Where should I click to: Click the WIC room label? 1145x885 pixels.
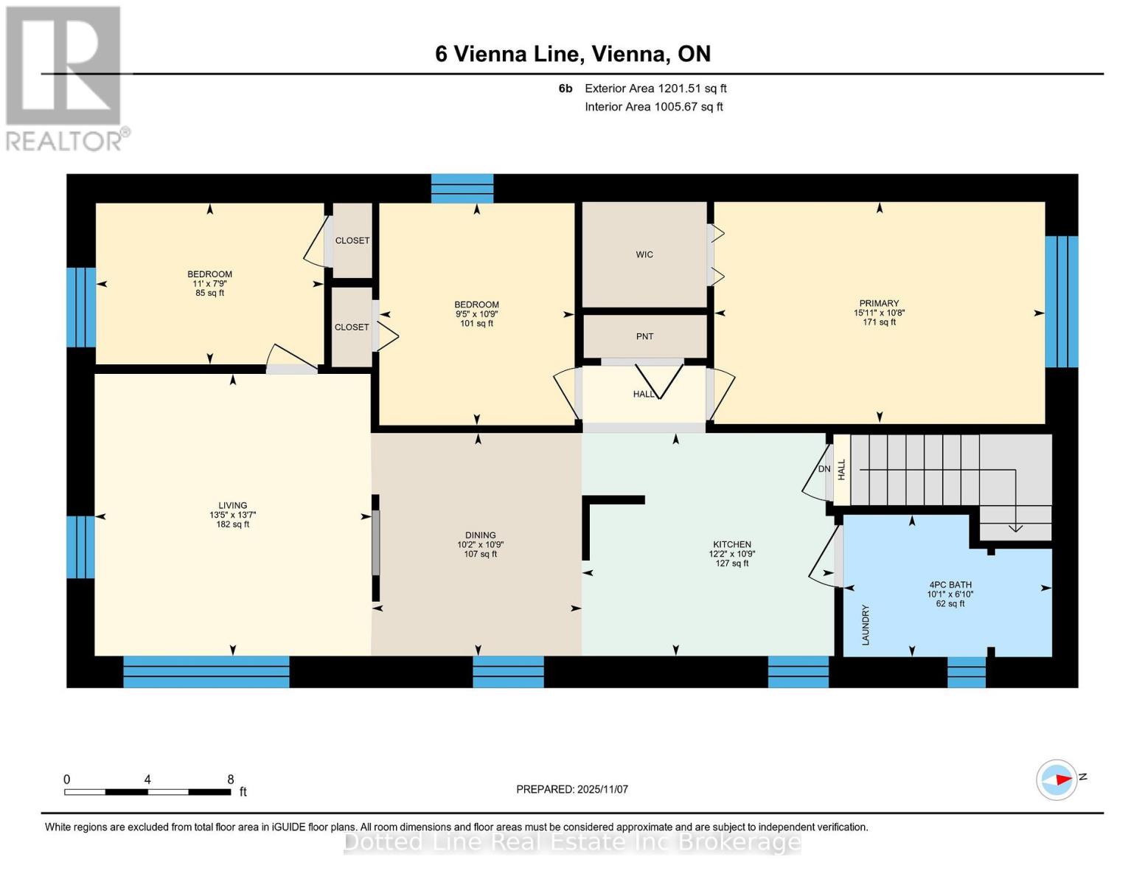point(644,254)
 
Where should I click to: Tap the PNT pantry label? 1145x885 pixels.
point(644,336)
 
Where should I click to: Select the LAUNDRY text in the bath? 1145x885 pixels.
point(866,625)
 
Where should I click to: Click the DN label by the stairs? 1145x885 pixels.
point(824,469)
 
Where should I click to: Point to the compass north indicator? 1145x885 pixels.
point(1057,780)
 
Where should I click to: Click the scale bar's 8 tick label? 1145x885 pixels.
point(230,780)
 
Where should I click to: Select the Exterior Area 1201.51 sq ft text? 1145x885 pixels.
point(655,88)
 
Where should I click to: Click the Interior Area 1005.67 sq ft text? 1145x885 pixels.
point(654,107)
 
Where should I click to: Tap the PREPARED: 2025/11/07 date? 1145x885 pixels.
point(572,789)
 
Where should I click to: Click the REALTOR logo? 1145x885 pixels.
point(65,77)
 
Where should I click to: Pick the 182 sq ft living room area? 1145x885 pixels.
point(232,524)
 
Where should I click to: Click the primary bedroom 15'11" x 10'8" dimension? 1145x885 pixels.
point(879,313)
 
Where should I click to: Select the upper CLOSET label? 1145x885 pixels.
point(352,240)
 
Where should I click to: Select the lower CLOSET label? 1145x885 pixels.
point(352,327)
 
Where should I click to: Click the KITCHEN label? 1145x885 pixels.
point(731,544)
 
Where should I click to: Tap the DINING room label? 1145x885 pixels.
point(480,535)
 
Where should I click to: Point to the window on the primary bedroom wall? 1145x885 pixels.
point(1062,301)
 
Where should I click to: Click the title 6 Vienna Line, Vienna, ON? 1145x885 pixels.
point(573,54)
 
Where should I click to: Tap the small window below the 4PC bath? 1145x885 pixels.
point(966,672)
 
